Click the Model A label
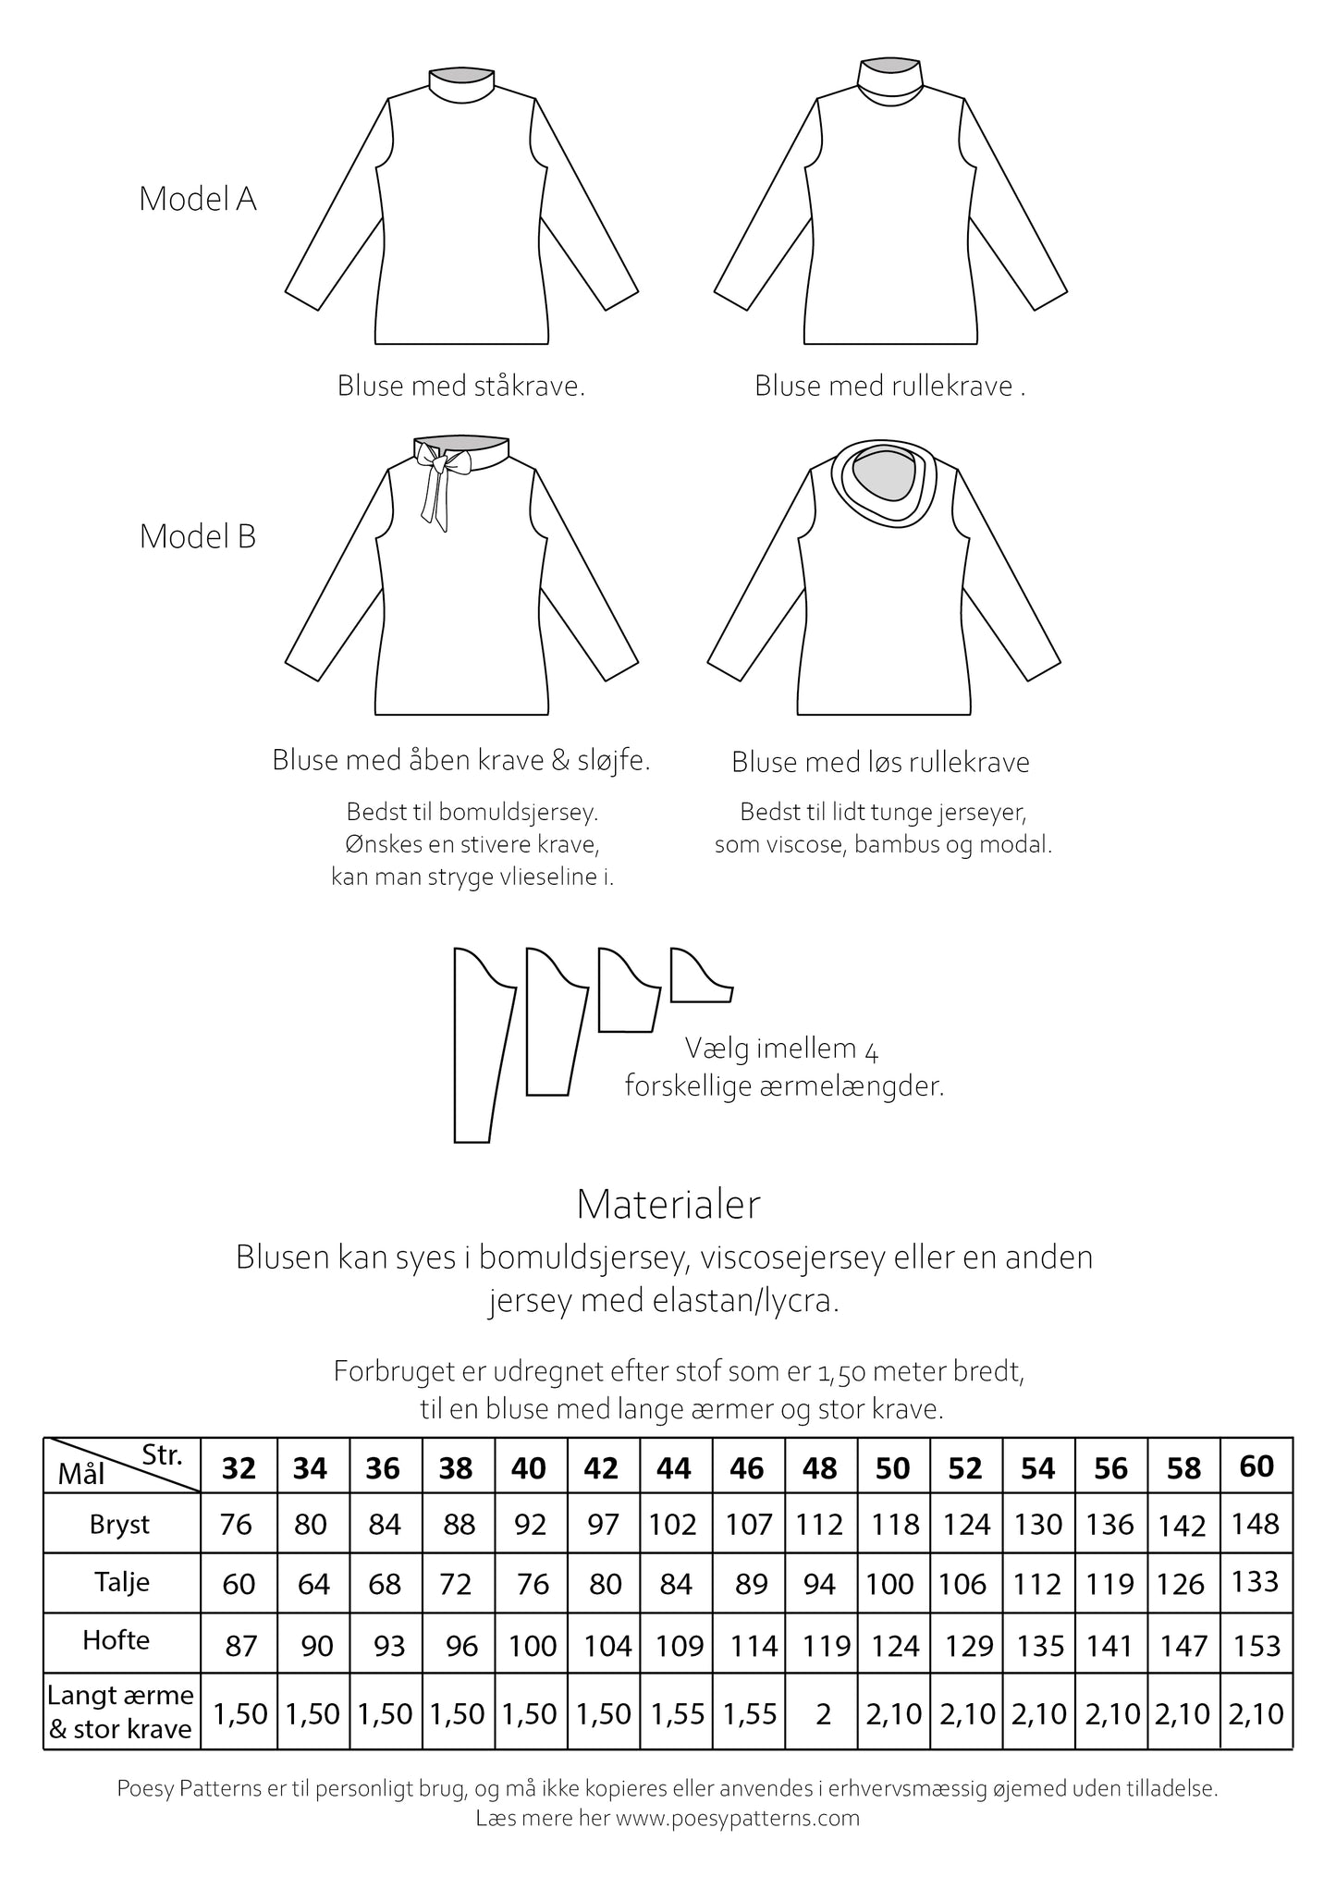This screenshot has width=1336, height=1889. tap(197, 199)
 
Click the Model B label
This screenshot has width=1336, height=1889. tap(197, 536)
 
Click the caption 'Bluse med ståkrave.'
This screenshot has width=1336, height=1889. tap(461, 386)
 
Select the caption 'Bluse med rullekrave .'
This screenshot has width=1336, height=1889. tap(889, 386)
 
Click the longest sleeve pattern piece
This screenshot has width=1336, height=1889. tap(481, 1045)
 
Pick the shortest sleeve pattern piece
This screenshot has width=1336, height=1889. tap(699, 977)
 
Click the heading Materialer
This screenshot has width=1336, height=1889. tap(668, 1204)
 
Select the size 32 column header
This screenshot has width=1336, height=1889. tap(239, 1468)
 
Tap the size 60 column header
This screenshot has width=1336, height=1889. tap(1256, 1466)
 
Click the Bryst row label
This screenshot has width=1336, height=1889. tap(120, 1525)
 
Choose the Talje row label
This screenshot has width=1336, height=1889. tap(121, 1582)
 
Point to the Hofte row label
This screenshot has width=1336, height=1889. tap(116, 1640)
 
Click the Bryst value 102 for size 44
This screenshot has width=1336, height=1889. tap(673, 1525)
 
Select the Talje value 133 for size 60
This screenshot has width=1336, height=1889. tap(1256, 1582)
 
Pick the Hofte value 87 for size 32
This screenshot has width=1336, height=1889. tap(240, 1646)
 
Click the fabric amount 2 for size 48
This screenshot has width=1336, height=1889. tap(822, 1714)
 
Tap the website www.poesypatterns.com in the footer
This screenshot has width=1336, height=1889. tap(738, 1818)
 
